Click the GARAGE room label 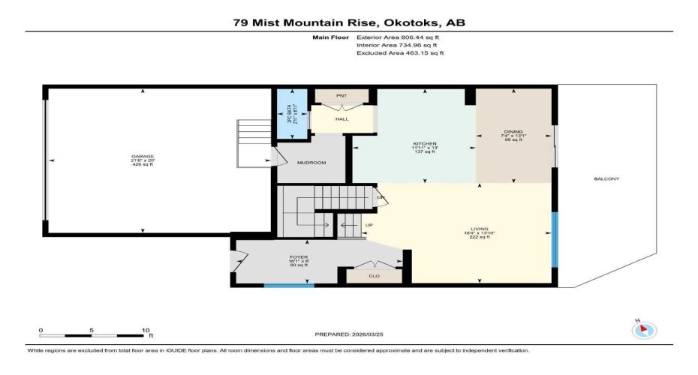point(142,157)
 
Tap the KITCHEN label point(425,143)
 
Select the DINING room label point(513,131)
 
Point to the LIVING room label point(479,229)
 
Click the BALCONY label point(606,178)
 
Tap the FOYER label point(299,257)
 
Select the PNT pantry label point(341,96)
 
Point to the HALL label point(341,119)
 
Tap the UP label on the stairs point(368,223)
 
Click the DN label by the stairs point(381,197)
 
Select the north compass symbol point(644,328)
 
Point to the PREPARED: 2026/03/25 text point(347,334)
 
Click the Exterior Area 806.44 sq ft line point(399,36)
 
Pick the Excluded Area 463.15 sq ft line point(400,53)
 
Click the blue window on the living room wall point(555,240)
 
